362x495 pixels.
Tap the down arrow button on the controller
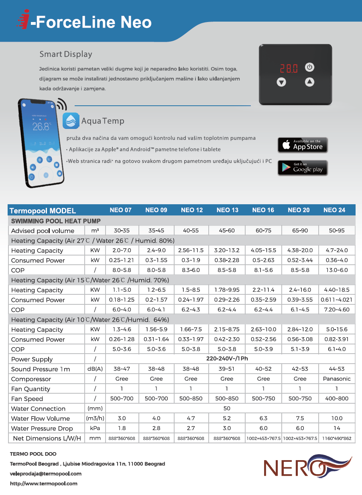point(281,82)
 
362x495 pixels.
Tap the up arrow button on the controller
point(309,82)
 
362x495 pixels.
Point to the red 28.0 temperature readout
point(289,68)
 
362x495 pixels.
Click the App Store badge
point(303,145)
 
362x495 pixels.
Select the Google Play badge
point(303,167)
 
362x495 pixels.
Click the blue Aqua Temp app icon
point(71,121)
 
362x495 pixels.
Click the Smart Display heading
point(66,54)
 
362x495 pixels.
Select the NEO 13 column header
point(228,210)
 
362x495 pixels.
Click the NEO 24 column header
point(334,210)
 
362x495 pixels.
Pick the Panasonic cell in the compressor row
point(337,379)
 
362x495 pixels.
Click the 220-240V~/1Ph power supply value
point(227,359)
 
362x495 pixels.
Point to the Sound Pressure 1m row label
point(41,369)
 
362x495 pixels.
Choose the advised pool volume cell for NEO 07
point(122,231)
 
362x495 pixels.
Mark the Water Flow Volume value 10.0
point(337,418)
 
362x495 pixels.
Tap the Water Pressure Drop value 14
point(337,428)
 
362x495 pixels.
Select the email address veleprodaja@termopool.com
point(45,473)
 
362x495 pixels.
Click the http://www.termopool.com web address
point(43,483)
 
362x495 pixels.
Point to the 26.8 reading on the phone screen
point(41,127)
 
